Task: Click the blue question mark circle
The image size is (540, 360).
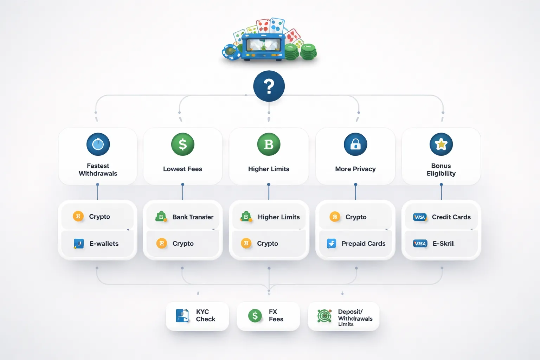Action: (x=269, y=86)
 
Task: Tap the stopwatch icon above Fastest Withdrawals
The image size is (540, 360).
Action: (x=98, y=144)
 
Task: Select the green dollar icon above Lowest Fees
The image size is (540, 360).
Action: (x=182, y=144)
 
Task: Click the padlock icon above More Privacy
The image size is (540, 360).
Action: (x=355, y=144)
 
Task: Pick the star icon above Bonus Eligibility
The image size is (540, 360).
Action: (x=441, y=144)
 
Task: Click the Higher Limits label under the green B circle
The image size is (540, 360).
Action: (x=269, y=169)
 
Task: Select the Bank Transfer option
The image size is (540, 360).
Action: (x=193, y=217)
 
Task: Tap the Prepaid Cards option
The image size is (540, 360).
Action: (x=363, y=244)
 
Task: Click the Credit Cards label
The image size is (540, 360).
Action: (x=451, y=217)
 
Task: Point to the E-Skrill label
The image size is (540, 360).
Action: (x=443, y=244)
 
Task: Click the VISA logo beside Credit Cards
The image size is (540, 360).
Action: (x=420, y=217)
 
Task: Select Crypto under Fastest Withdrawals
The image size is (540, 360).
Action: (x=99, y=217)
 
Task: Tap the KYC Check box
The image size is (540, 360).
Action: (x=197, y=316)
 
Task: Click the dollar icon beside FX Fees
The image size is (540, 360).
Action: (x=255, y=316)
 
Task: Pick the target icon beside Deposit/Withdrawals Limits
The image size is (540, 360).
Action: (x=324, y=316)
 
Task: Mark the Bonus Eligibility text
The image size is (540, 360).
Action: (x=441, y=169)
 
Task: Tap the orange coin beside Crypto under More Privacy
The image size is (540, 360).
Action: (x=335, y=217)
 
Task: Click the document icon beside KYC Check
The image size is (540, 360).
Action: (x=182, y=316)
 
